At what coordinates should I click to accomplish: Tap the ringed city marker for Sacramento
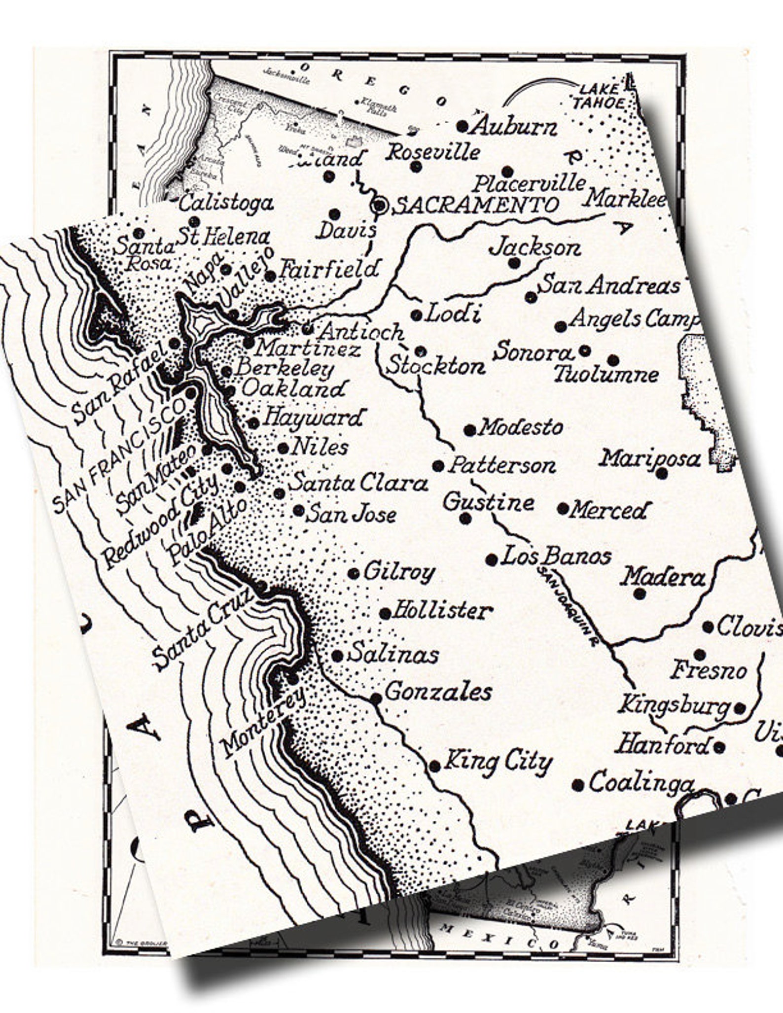(x=380, y=206)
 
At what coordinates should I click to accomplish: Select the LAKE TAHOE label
(x=598, y=97)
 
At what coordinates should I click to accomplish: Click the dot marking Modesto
(x=470, y=430)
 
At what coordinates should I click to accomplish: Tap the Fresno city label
(x=709, y=670)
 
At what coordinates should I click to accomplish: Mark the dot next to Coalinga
(x=579, y=785)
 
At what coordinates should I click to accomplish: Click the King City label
(x=498, y=763)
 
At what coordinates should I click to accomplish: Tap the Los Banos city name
(x=556, y=557)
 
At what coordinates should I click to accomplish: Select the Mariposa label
(x=650, y=458)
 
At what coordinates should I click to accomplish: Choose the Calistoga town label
(x=226, y=203)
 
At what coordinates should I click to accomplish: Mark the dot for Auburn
(x=462, y=127)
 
